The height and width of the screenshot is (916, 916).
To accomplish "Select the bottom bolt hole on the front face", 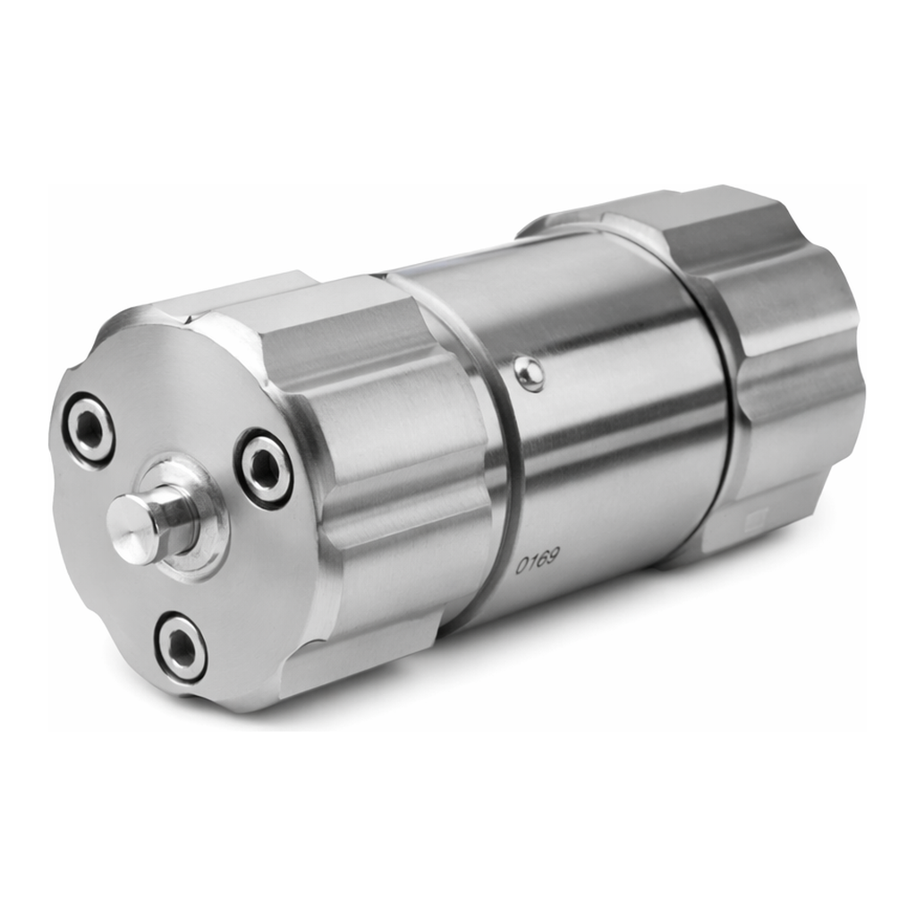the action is pyautogui.click(x=181, y=647).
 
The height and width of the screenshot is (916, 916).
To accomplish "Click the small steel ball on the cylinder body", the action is pyautogui.click(x=529, y=373).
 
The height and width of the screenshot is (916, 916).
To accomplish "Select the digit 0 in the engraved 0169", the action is pyautogui.click(x=520, y=565).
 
